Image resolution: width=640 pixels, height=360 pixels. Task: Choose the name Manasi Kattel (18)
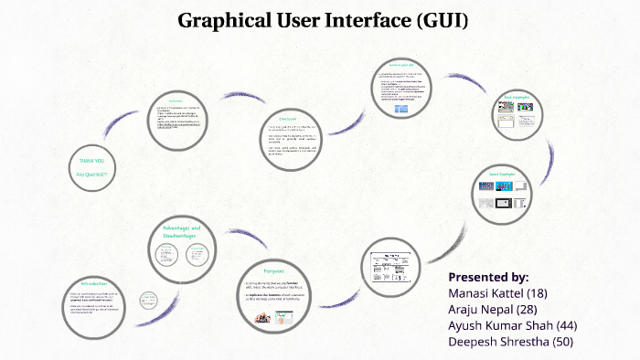point(496,293)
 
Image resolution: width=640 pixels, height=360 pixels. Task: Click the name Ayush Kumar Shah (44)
point(512,326)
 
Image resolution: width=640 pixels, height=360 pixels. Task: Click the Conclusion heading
point(288,119)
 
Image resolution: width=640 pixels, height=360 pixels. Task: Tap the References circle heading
point(176,101)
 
